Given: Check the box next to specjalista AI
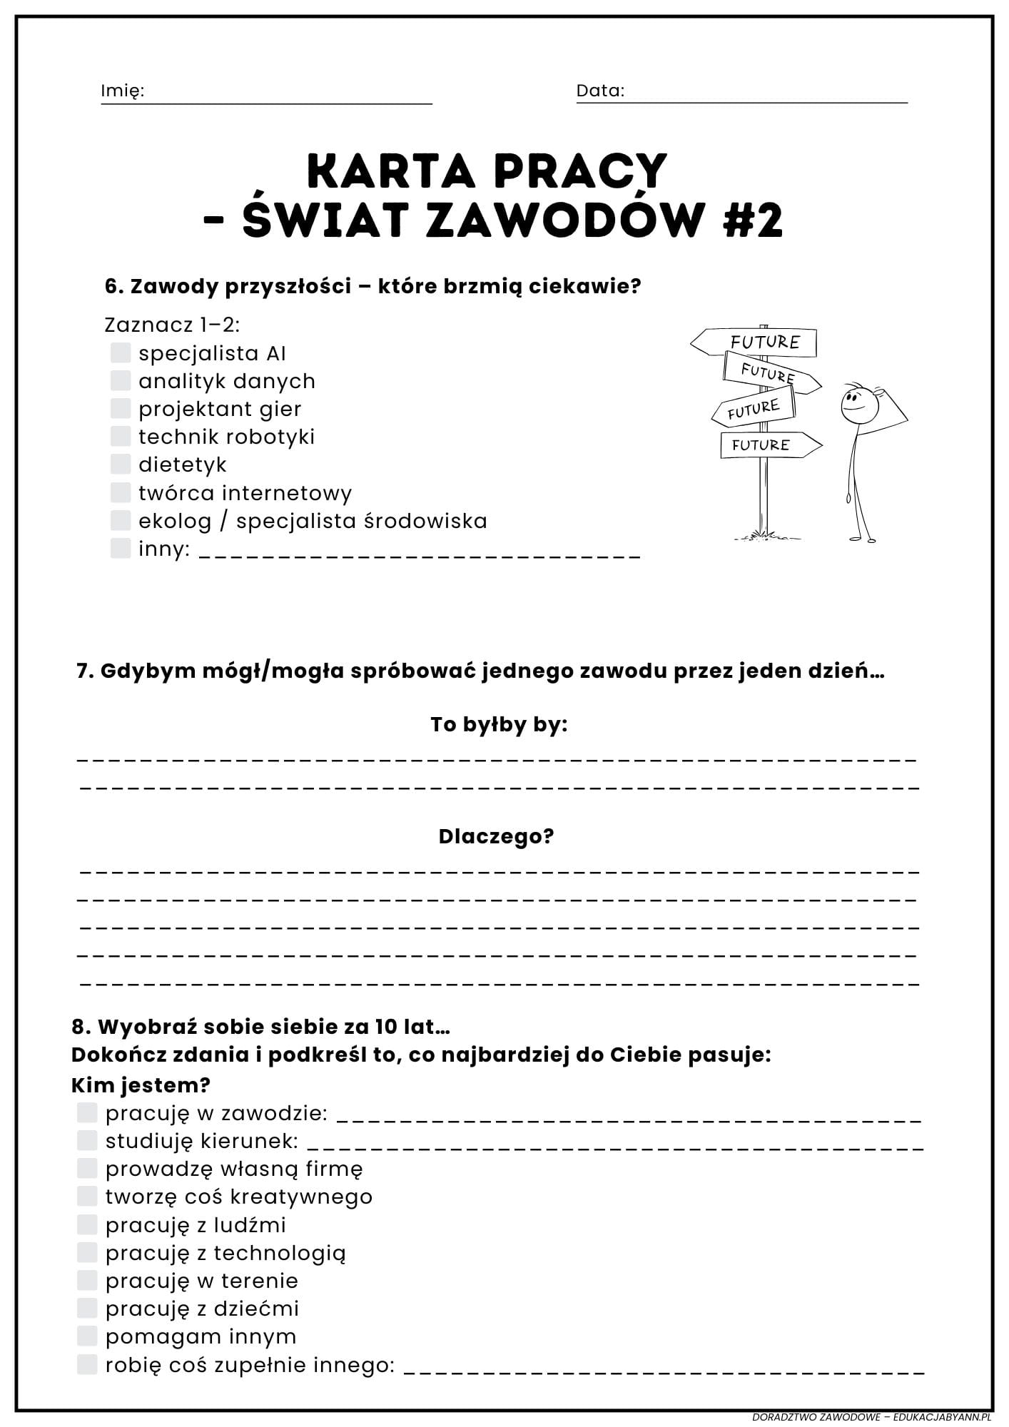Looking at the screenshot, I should (x=121, y=352).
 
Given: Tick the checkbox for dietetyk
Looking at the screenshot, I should (x=121, y=464).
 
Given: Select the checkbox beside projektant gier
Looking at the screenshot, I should (x=121, y=408).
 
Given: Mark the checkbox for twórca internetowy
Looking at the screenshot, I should (x=121, y=492).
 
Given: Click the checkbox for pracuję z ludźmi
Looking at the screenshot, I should (x=87, y=1224).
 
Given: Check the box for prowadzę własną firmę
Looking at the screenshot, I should (x=87, y=1168).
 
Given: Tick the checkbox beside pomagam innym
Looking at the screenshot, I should (x=87, y=1336).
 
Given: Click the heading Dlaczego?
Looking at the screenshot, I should (x=496, y=836).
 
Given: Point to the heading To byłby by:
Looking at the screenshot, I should (x=499, y=725).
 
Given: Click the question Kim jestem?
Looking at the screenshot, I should (x=141, y=1085).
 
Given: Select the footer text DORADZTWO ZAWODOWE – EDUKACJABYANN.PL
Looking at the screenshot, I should (x=871, y=1416).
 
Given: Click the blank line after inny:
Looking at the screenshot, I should (x=419, y=553).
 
